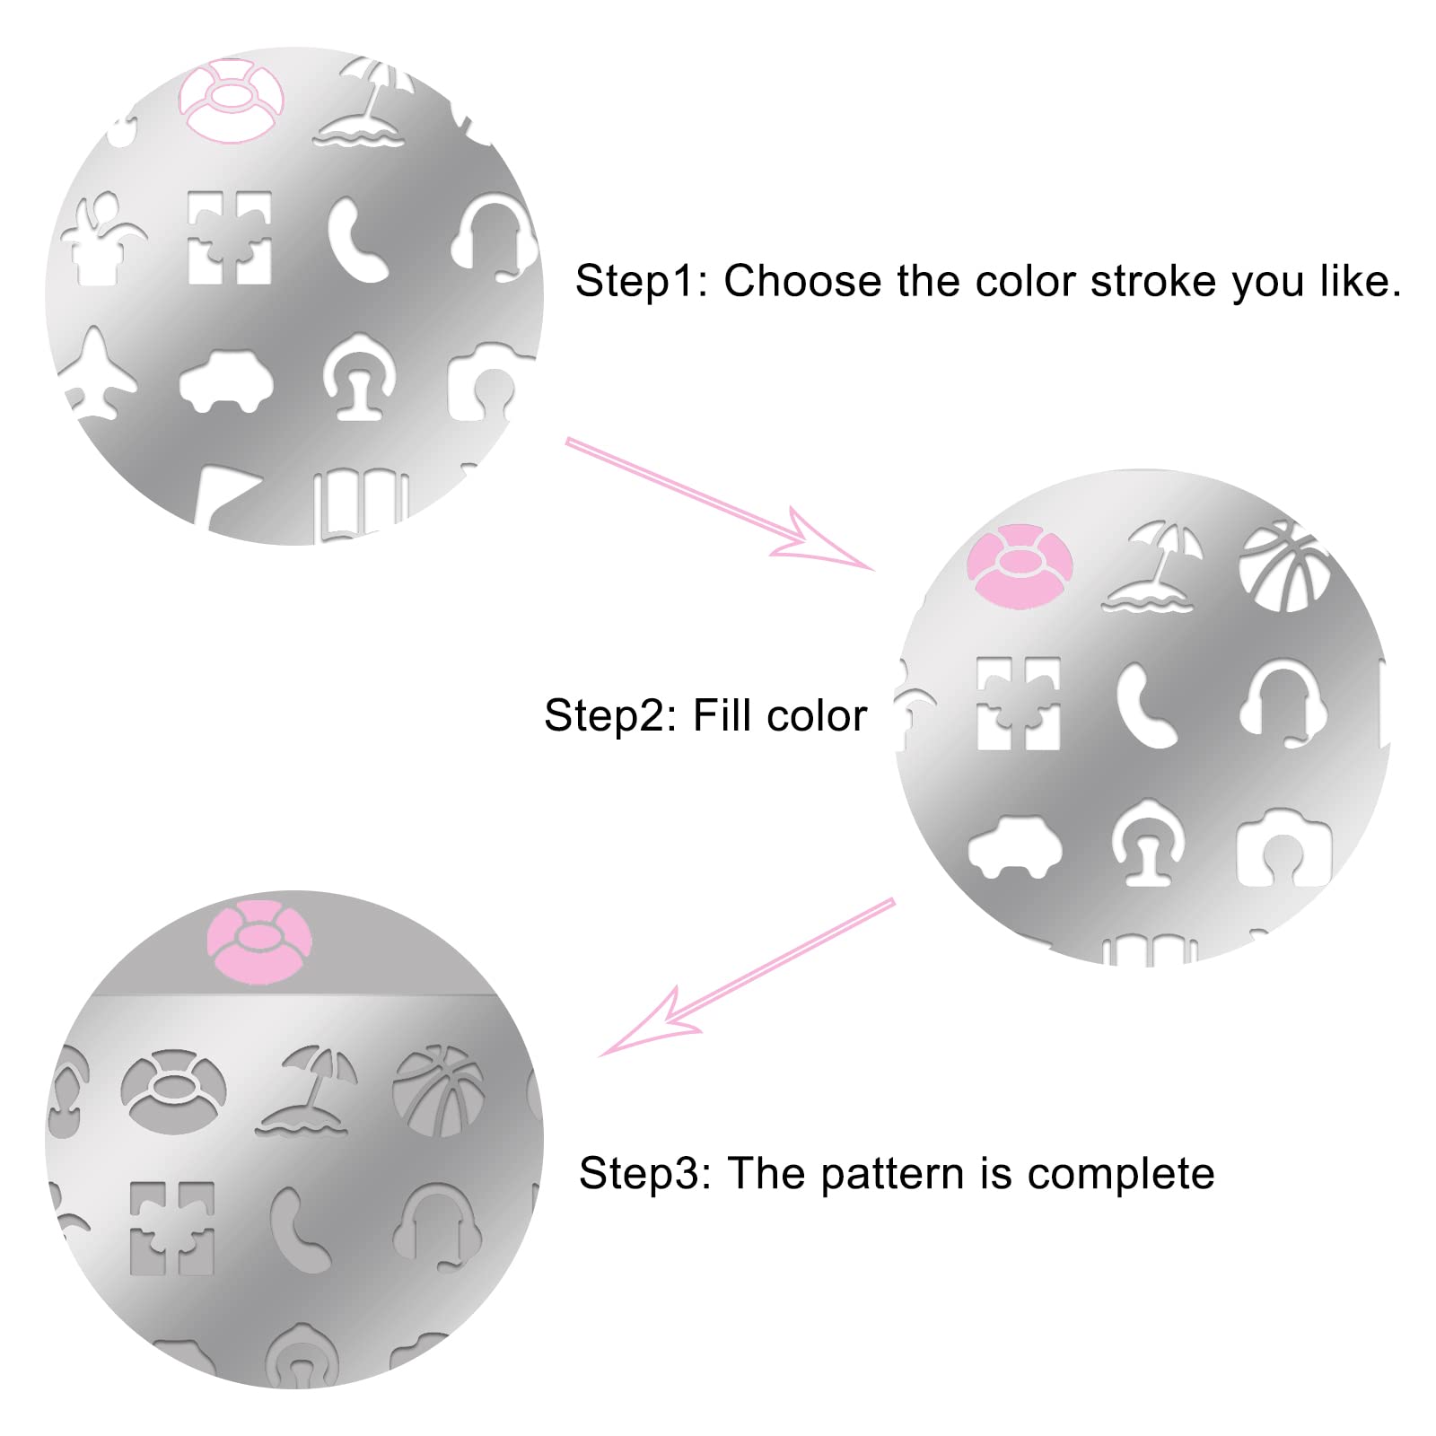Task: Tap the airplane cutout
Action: coord(99,375)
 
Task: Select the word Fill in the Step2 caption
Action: coord(722,715)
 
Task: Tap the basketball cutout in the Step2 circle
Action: coord(1283,565)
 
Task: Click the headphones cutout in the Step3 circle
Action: coord(436,1222)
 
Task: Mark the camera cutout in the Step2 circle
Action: coord(1283,848)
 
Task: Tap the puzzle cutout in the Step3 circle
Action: coord(171,1228)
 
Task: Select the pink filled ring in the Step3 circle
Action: coord(259,941)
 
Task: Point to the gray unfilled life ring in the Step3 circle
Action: coord(172,1091)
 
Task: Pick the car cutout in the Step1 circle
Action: coord(225,381)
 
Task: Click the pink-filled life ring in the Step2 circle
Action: coord(1019,566)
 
